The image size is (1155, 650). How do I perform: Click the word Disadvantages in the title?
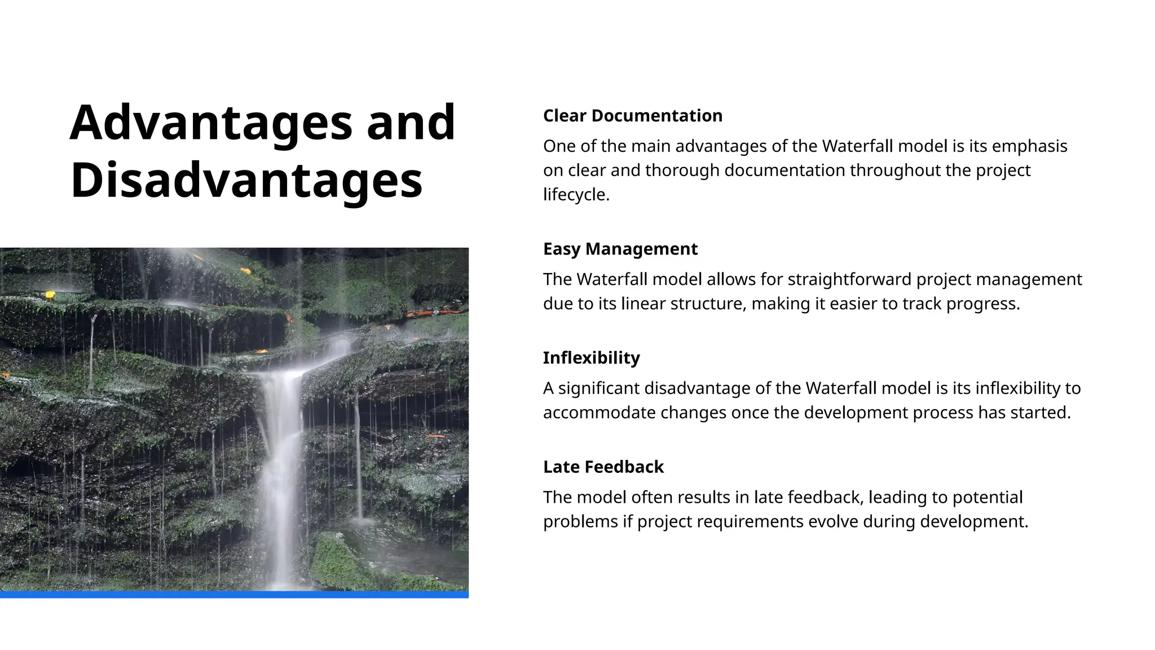pyautogui.click(x=246, y=181)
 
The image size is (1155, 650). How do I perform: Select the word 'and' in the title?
pyautogui.click(x=411, y=123)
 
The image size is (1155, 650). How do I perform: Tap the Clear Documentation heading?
pyautogui.click(x=632, y=116)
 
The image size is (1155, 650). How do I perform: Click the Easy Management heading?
pyautogui.click(x=620, y=249)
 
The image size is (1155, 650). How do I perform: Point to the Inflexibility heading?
pyautogui.click(x=591, y=358)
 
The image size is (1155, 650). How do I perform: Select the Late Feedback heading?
pyautogui.click(x=603, y=467)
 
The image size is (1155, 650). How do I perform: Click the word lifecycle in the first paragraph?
pyautogui.click(x=575, y=195)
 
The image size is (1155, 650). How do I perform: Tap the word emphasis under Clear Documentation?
pyautogui.click(x=1029, y=147)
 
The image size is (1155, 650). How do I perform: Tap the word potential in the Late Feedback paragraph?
pyautogui.click(x=987, y=498)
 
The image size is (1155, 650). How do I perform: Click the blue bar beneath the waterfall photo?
pyautogui.click(x=234, y=594)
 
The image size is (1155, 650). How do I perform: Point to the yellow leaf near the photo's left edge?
pyautogui.click(x=50, y=295)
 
